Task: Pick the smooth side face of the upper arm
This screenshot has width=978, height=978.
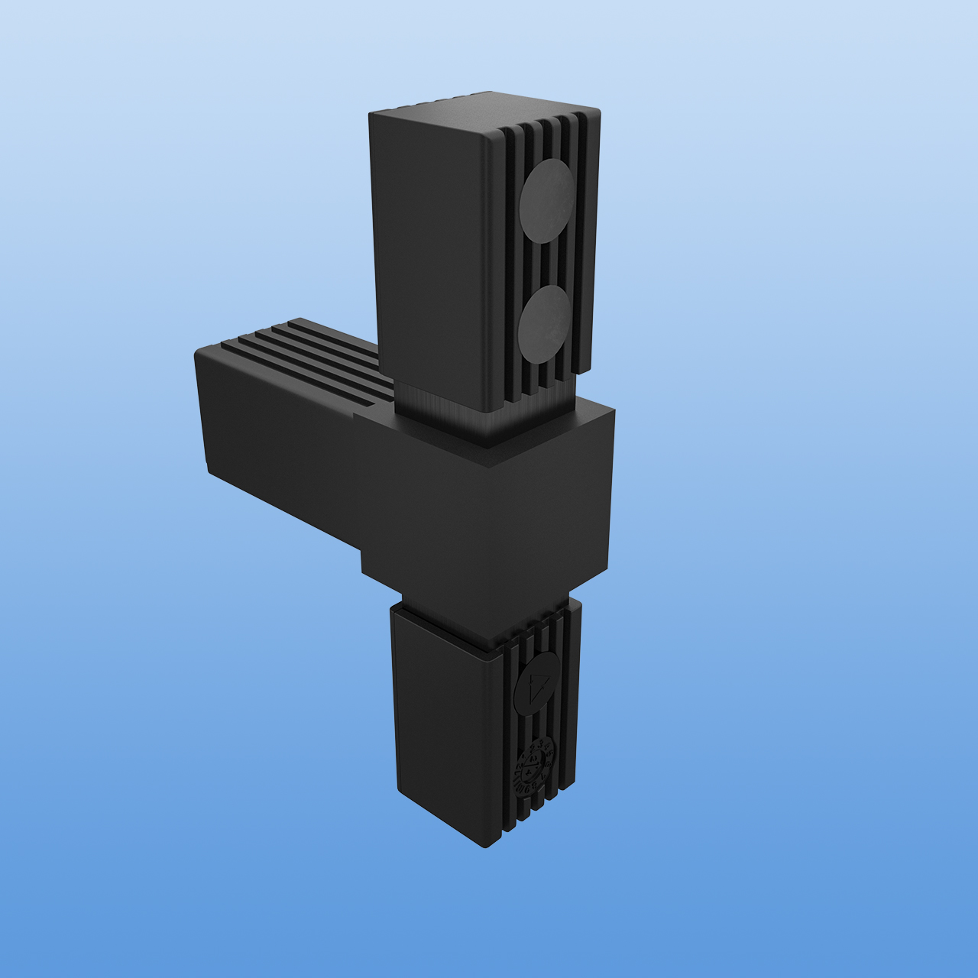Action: [x=428, y=252]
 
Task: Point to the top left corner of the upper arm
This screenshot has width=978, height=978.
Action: [x=371, y=115]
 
